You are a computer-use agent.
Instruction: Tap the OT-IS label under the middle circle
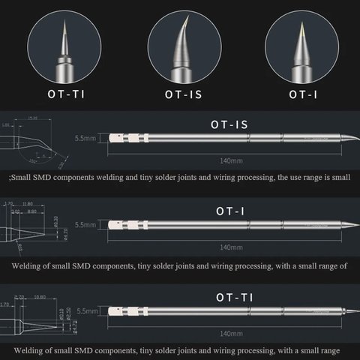click(x=181, y=95)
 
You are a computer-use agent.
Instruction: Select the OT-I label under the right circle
click(x=303, y=95)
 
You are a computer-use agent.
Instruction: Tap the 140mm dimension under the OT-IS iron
click(x=231, y=160)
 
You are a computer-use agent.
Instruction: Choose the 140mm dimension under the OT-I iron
click(x=231, y=247)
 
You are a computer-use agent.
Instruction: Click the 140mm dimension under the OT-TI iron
click(x=231, y=333)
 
